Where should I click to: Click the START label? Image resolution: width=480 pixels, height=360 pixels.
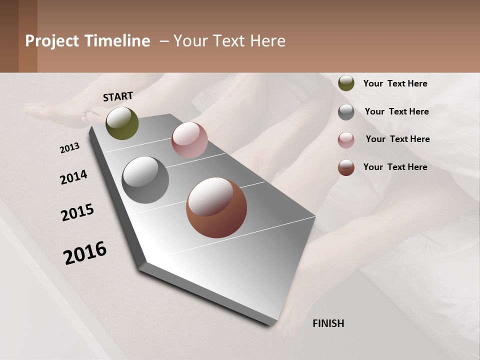click(x=118, y=96)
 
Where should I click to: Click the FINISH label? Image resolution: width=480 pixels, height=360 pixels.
click(x=328, y=323)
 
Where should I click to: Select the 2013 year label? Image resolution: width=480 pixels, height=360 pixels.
click(x=70, y=147)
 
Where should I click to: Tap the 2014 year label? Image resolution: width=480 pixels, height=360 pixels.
click(x=73, y=177)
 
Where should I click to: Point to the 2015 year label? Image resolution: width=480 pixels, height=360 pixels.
click(x=77, y=212)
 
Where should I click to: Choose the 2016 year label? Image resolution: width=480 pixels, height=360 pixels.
click(x=85, y=252)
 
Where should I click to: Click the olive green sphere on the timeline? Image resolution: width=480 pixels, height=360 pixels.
click(x=122, y=123)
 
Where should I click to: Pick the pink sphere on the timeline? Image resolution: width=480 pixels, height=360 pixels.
click(x=189, y=140)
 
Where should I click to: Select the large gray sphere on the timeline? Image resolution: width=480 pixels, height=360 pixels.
click(x=145, y=180)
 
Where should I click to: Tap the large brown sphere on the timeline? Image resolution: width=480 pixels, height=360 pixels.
click(x=216, y=207)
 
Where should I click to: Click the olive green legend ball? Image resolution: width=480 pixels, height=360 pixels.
click(x=346, y=83)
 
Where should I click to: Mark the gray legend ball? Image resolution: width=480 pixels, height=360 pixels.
click(x=346, y=111)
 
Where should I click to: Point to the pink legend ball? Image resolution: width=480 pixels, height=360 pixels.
click(x=346, y=139)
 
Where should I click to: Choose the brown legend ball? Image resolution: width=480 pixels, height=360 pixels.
click(x=346, y=167)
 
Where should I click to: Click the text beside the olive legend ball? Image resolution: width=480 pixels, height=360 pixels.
click(x=395, y=83)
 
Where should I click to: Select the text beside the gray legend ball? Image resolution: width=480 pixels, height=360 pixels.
click(x=396, y=111)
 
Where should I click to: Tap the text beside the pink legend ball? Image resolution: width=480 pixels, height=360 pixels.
click(x=397, y=139)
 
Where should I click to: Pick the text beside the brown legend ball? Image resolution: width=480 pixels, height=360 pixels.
click(x=395, y=167)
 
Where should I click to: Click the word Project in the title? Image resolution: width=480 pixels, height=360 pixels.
click(x=52, y=41)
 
